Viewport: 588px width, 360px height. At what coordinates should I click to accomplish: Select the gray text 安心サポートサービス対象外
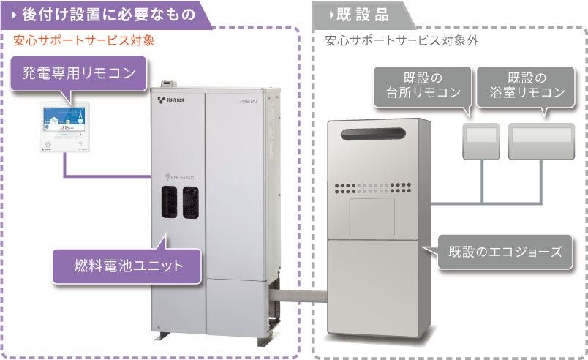(402, 41)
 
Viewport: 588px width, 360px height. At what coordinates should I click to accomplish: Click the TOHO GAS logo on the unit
(175, 101)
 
